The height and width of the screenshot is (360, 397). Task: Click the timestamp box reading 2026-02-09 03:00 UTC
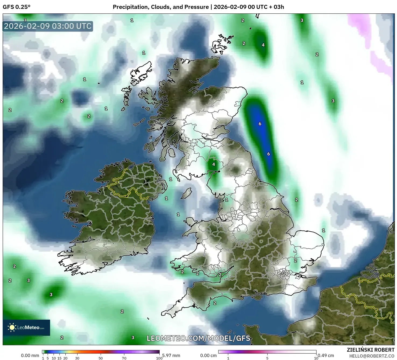(48, 26)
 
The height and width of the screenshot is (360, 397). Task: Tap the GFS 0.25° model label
(16, 7)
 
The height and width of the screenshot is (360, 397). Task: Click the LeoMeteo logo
(26, 327)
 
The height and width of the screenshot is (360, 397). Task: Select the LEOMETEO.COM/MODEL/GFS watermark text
(198, 338)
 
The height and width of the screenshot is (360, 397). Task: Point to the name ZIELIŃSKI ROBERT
(370, 350)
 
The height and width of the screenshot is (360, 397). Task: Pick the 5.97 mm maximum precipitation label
(171, 355)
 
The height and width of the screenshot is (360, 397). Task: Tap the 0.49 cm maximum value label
(326, 355)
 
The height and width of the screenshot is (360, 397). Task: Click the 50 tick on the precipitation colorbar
(101, 358)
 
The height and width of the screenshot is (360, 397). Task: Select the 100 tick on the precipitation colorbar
(159, 358)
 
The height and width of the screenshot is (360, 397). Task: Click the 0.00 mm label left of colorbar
(30, 355)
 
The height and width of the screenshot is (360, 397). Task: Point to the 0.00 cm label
(208, 355)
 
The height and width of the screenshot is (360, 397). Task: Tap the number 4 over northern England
(214, 164)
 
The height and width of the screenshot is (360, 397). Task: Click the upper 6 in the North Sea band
(260, 124)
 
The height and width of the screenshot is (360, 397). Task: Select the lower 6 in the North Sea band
(268, 154)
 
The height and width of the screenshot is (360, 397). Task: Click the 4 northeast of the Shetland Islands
(263, 45)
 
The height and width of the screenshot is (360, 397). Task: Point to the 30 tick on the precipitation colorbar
(77, 358)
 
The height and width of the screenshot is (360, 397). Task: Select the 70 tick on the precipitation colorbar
(124, 358)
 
